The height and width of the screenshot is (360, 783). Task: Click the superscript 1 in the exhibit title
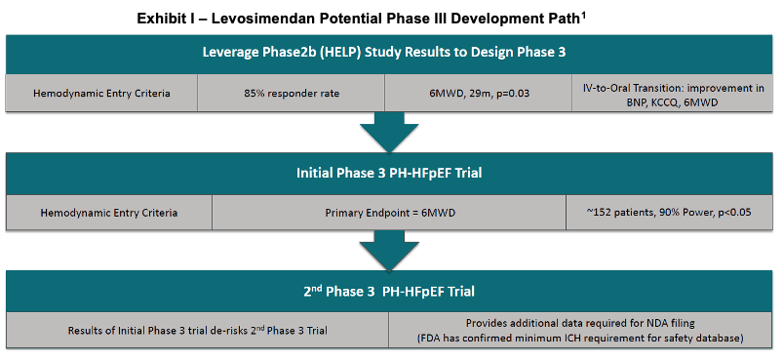click(583, 16)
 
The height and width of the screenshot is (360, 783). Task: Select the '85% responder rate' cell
click(292, 93)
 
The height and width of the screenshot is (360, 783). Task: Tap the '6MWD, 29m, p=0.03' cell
click(479, 93)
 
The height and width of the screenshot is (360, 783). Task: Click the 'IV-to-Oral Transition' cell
click(672, 93)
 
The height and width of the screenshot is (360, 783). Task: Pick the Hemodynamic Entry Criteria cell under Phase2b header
click(101, 93)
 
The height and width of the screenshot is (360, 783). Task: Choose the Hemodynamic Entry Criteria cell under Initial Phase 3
click(109, 213)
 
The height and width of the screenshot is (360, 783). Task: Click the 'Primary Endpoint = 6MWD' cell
click(389, 213)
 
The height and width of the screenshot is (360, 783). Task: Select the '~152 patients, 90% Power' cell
click(669, 213)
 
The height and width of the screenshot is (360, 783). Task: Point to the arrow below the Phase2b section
click(389, 132)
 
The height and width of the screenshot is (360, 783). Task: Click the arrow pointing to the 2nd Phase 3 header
click(389, 251)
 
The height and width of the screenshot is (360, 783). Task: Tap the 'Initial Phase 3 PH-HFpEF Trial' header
click(389, 174)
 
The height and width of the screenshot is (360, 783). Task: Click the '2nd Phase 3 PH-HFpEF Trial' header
click(389, 291)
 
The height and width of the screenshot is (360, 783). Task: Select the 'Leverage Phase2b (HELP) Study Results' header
click(389, 54)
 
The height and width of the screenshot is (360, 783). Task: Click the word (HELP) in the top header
click(341, 53)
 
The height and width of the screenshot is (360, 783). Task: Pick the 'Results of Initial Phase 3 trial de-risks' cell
click(197, 330)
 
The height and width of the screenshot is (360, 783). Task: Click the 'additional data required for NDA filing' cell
click(580, 330)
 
